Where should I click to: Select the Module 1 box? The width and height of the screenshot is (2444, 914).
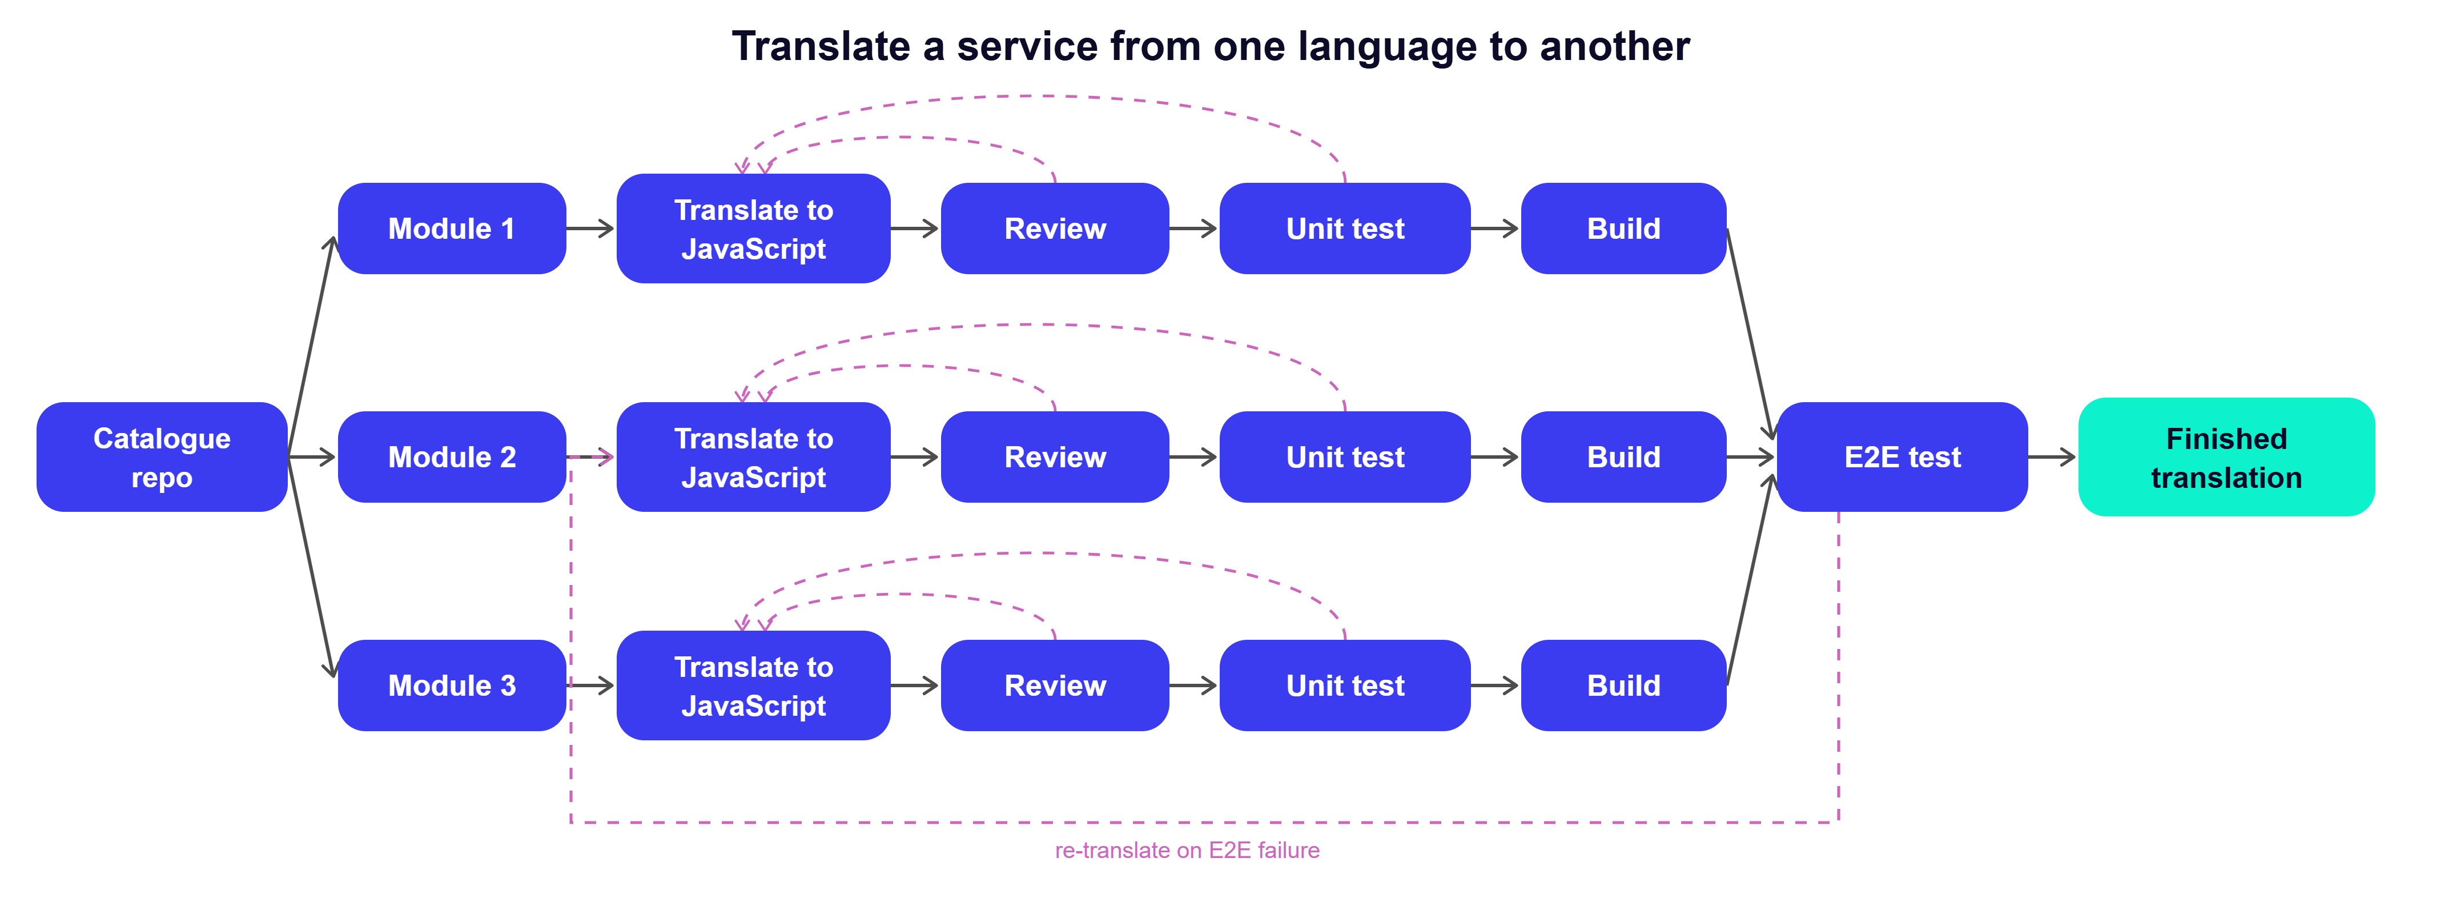coord(452,228)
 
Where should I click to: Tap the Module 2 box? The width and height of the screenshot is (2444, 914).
coord(452,456)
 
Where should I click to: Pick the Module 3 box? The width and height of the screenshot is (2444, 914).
coord(452,685)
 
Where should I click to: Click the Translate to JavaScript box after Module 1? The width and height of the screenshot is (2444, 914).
coord(753,228)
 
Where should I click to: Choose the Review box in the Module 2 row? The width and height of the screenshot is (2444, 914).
coord(1055,456)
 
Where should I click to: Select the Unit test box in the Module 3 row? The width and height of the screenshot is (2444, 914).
coord(1345,685)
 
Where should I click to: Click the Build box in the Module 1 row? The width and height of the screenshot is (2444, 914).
coord(1623,228)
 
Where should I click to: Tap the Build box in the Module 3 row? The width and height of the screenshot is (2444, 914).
coord(1623,685)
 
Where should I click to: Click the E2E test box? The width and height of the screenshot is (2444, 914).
coord(1902,456)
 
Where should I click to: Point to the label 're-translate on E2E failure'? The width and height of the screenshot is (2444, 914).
coord(1187,851)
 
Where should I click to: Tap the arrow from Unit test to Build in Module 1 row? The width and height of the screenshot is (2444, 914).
coord(1496,228)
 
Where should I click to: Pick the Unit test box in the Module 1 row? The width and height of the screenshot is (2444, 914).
coord(1345,228)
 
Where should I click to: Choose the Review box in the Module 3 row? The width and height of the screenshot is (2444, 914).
coord(1055,685)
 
